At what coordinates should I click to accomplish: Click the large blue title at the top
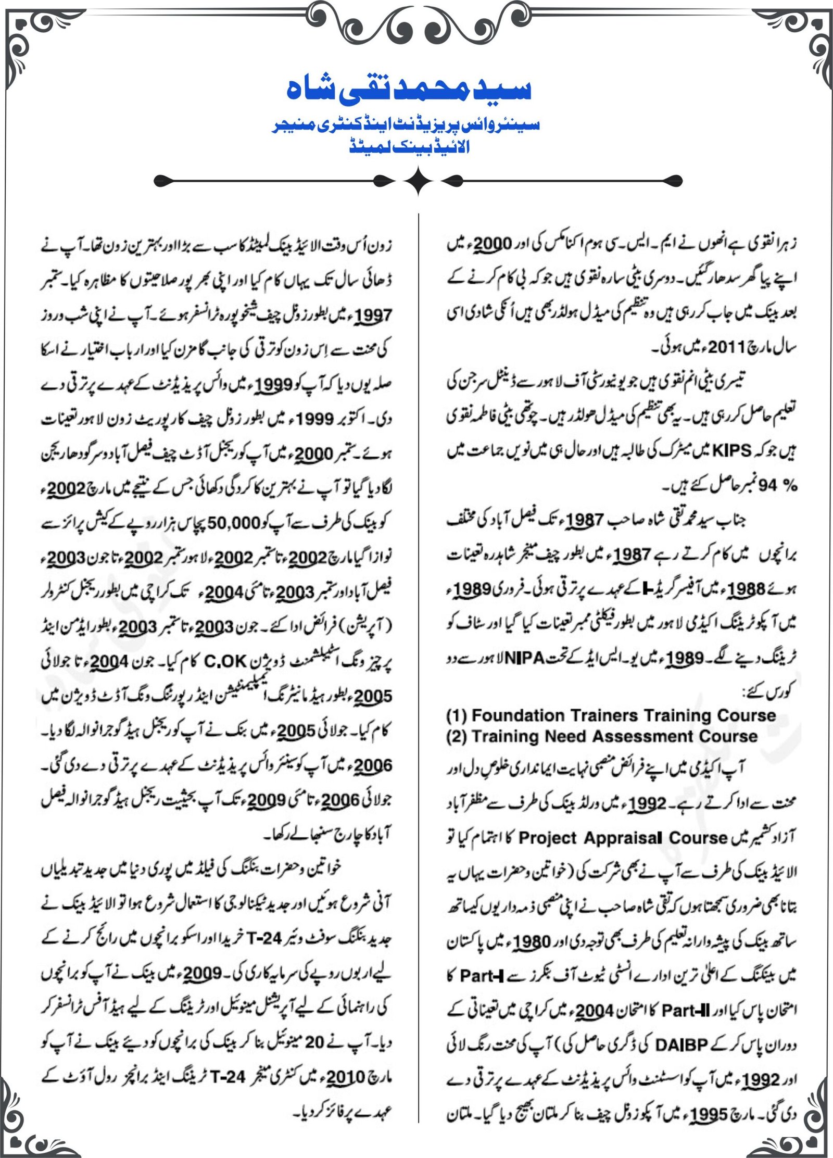tap(409, 90)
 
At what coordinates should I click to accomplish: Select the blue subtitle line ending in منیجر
tap(408, 125)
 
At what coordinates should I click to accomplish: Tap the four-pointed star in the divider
tap(418, 181)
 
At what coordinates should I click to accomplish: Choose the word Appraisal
tap(623, 838)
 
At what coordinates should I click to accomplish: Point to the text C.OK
tap(225, 661)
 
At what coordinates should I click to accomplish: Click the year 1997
tap(373, 316)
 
